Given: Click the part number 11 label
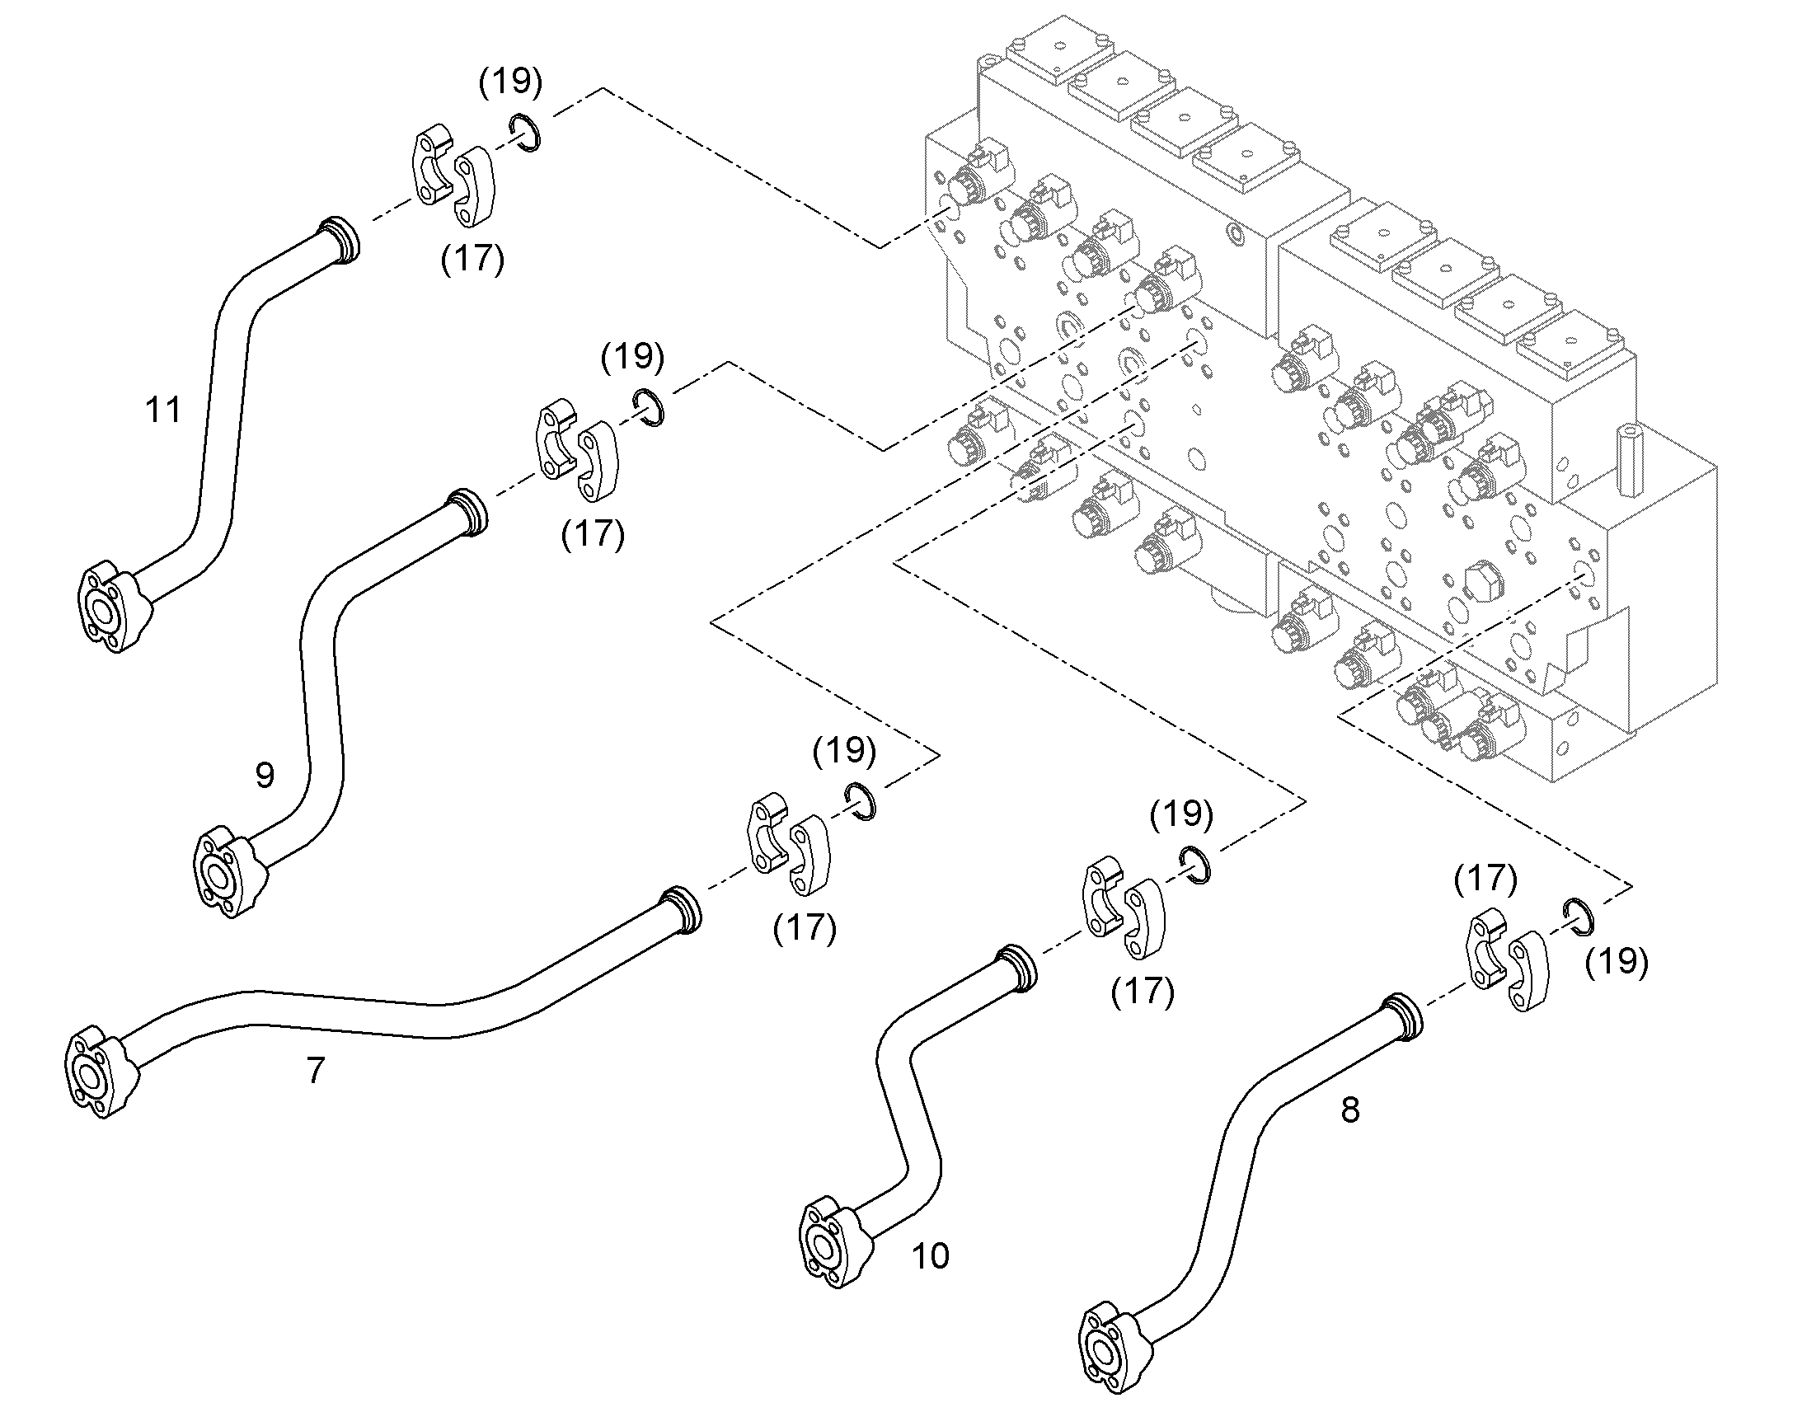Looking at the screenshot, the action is point(163,409).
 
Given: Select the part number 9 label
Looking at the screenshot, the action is point(265,775).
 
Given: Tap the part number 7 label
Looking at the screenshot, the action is point(316,1071).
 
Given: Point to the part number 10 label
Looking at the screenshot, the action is point(931,1255).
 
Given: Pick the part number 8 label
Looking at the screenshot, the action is point(1349,1110).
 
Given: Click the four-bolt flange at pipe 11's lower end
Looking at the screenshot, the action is point(110,606).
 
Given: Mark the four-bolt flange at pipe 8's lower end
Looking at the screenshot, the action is point(1115,1349).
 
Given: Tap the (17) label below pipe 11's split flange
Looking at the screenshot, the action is point(472,259).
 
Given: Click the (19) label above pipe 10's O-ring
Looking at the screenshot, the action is point(1181,814).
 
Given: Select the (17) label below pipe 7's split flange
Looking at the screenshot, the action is point(805,928).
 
